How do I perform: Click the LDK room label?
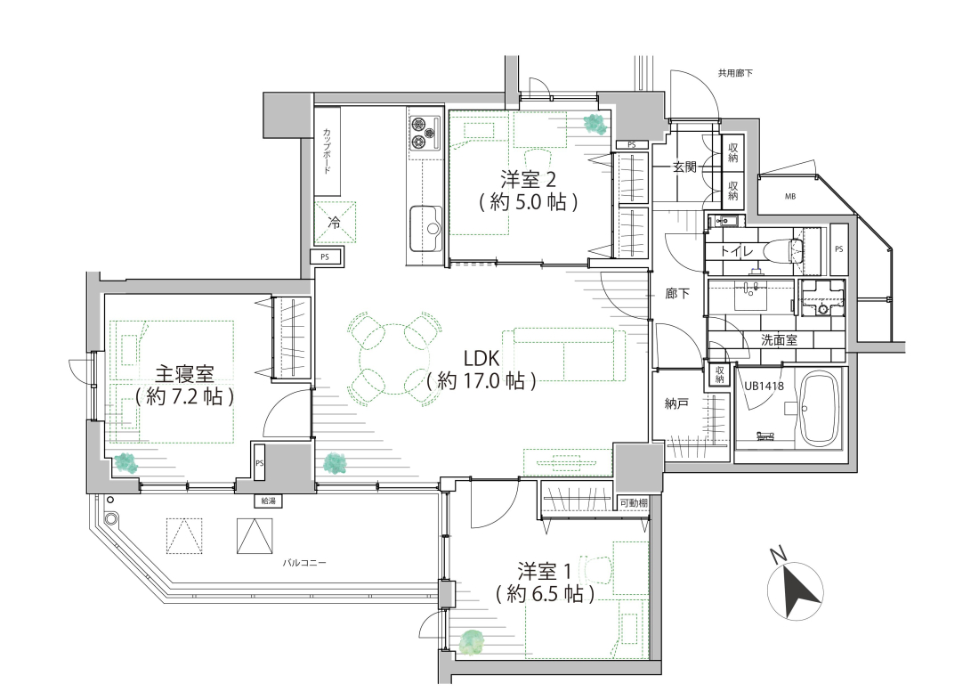pos(481,359)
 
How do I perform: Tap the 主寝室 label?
pos(184,374)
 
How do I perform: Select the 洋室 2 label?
pos(528,180)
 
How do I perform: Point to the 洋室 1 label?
pos(545,571)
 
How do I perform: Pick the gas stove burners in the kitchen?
pos(425,133)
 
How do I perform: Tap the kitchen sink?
pos(425,228)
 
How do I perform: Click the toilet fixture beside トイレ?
pos(788,251)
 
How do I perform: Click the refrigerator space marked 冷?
pos(335,223)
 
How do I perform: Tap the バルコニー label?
pos(304,562)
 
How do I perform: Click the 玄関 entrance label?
pos(684,167)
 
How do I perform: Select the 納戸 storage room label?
pos(676,403)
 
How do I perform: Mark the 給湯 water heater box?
pos(267,501)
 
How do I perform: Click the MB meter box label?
pos(789,197)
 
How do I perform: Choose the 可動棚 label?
pos(633,502)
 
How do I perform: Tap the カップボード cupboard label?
pos(327,151)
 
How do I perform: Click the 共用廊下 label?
pos(735,73)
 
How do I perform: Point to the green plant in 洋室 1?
pos(472,643)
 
